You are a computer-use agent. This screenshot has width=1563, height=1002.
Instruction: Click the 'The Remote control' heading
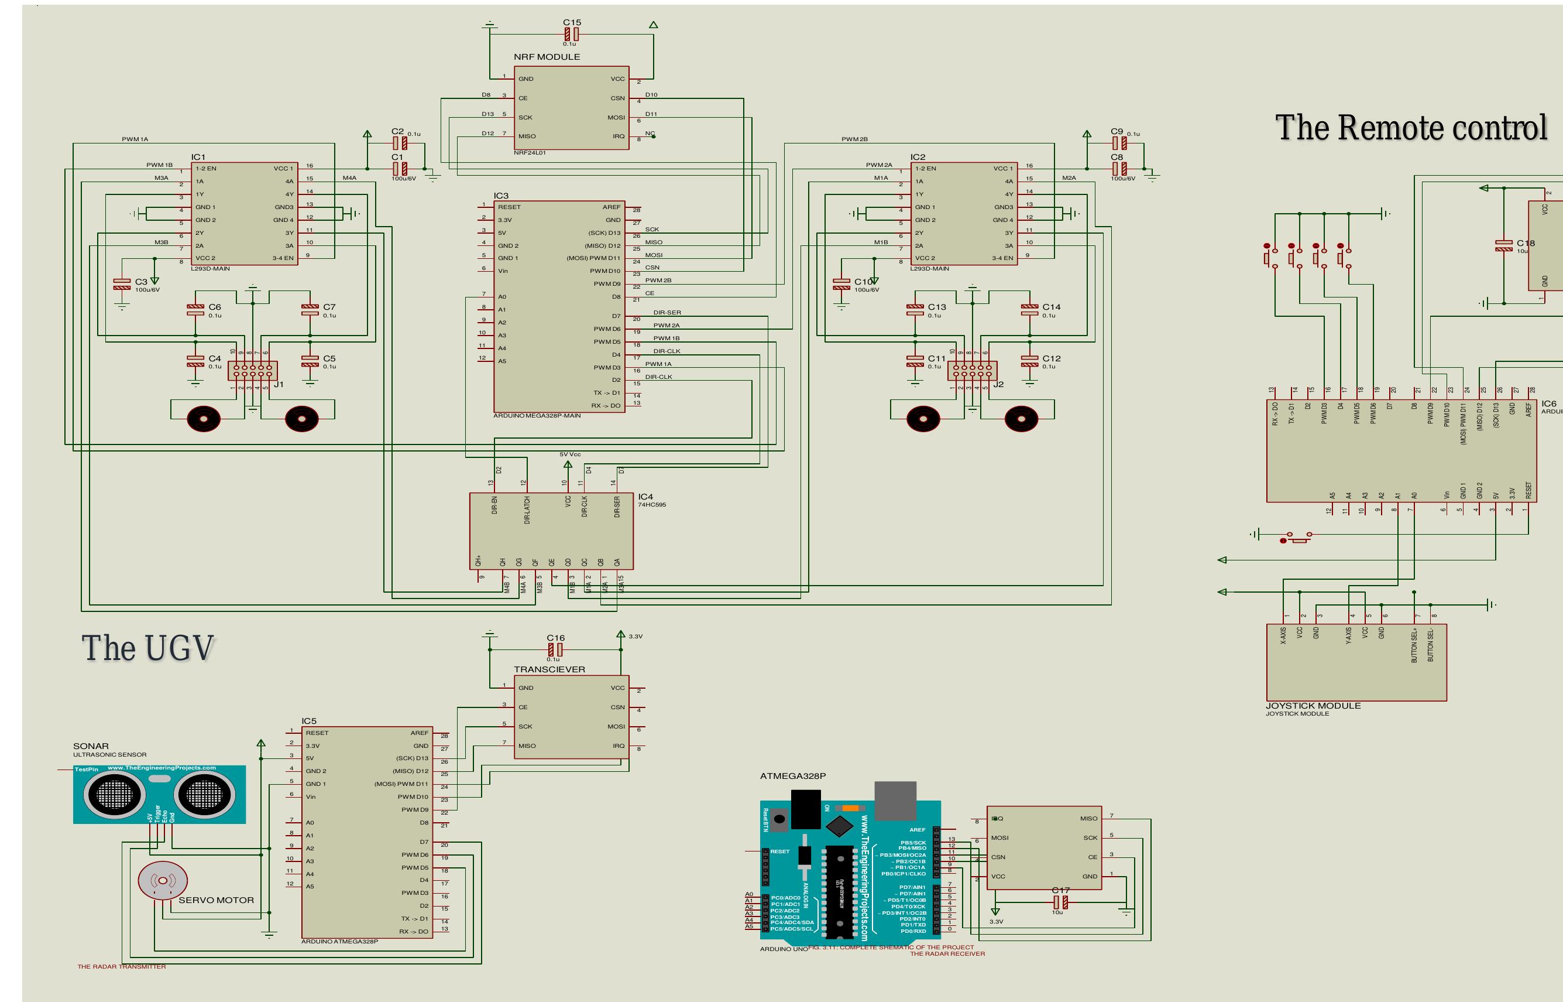coord(1410,128)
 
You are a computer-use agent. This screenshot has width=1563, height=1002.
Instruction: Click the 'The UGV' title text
coord(147,648)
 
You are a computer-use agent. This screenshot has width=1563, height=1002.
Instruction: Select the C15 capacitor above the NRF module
coord(572,34)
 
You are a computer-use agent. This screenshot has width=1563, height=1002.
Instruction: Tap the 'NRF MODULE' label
coord(547,57)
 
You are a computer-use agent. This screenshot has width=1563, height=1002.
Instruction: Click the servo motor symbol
coord(163,881)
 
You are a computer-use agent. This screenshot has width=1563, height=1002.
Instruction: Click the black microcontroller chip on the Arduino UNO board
coord(839,891)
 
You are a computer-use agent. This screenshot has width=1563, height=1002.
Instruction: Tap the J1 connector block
coord(252,371)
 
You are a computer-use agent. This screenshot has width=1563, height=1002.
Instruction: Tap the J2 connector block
coord(972,371)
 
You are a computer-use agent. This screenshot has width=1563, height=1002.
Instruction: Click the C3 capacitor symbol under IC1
coord(122,285)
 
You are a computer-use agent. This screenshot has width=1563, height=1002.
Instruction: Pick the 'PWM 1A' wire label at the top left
coord(135,139)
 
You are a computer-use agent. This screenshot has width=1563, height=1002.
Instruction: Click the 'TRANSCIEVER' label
coord(549,669)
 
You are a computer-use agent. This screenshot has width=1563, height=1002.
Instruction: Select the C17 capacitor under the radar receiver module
coord(1060,902)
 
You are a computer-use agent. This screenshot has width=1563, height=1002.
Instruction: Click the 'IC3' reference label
coord(501,196)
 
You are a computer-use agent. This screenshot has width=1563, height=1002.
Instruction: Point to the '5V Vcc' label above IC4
coord(569,454)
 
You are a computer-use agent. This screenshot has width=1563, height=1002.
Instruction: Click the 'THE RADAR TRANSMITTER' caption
coord(122,966)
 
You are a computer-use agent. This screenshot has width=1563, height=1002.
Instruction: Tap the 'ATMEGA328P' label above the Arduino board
coord(792,776)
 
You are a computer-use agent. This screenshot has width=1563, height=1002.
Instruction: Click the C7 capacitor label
coord(329,307)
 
